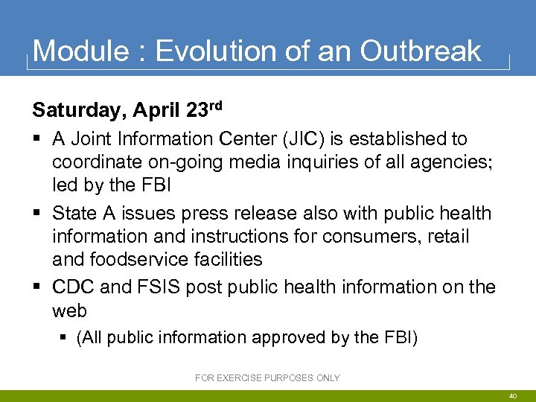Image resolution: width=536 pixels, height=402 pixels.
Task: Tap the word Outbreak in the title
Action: (421, 51)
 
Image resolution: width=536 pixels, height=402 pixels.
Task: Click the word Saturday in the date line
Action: (77, 111)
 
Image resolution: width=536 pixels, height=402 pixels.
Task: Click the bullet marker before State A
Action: (37, 214)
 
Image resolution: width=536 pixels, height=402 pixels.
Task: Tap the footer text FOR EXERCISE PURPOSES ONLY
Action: (267, 378)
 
